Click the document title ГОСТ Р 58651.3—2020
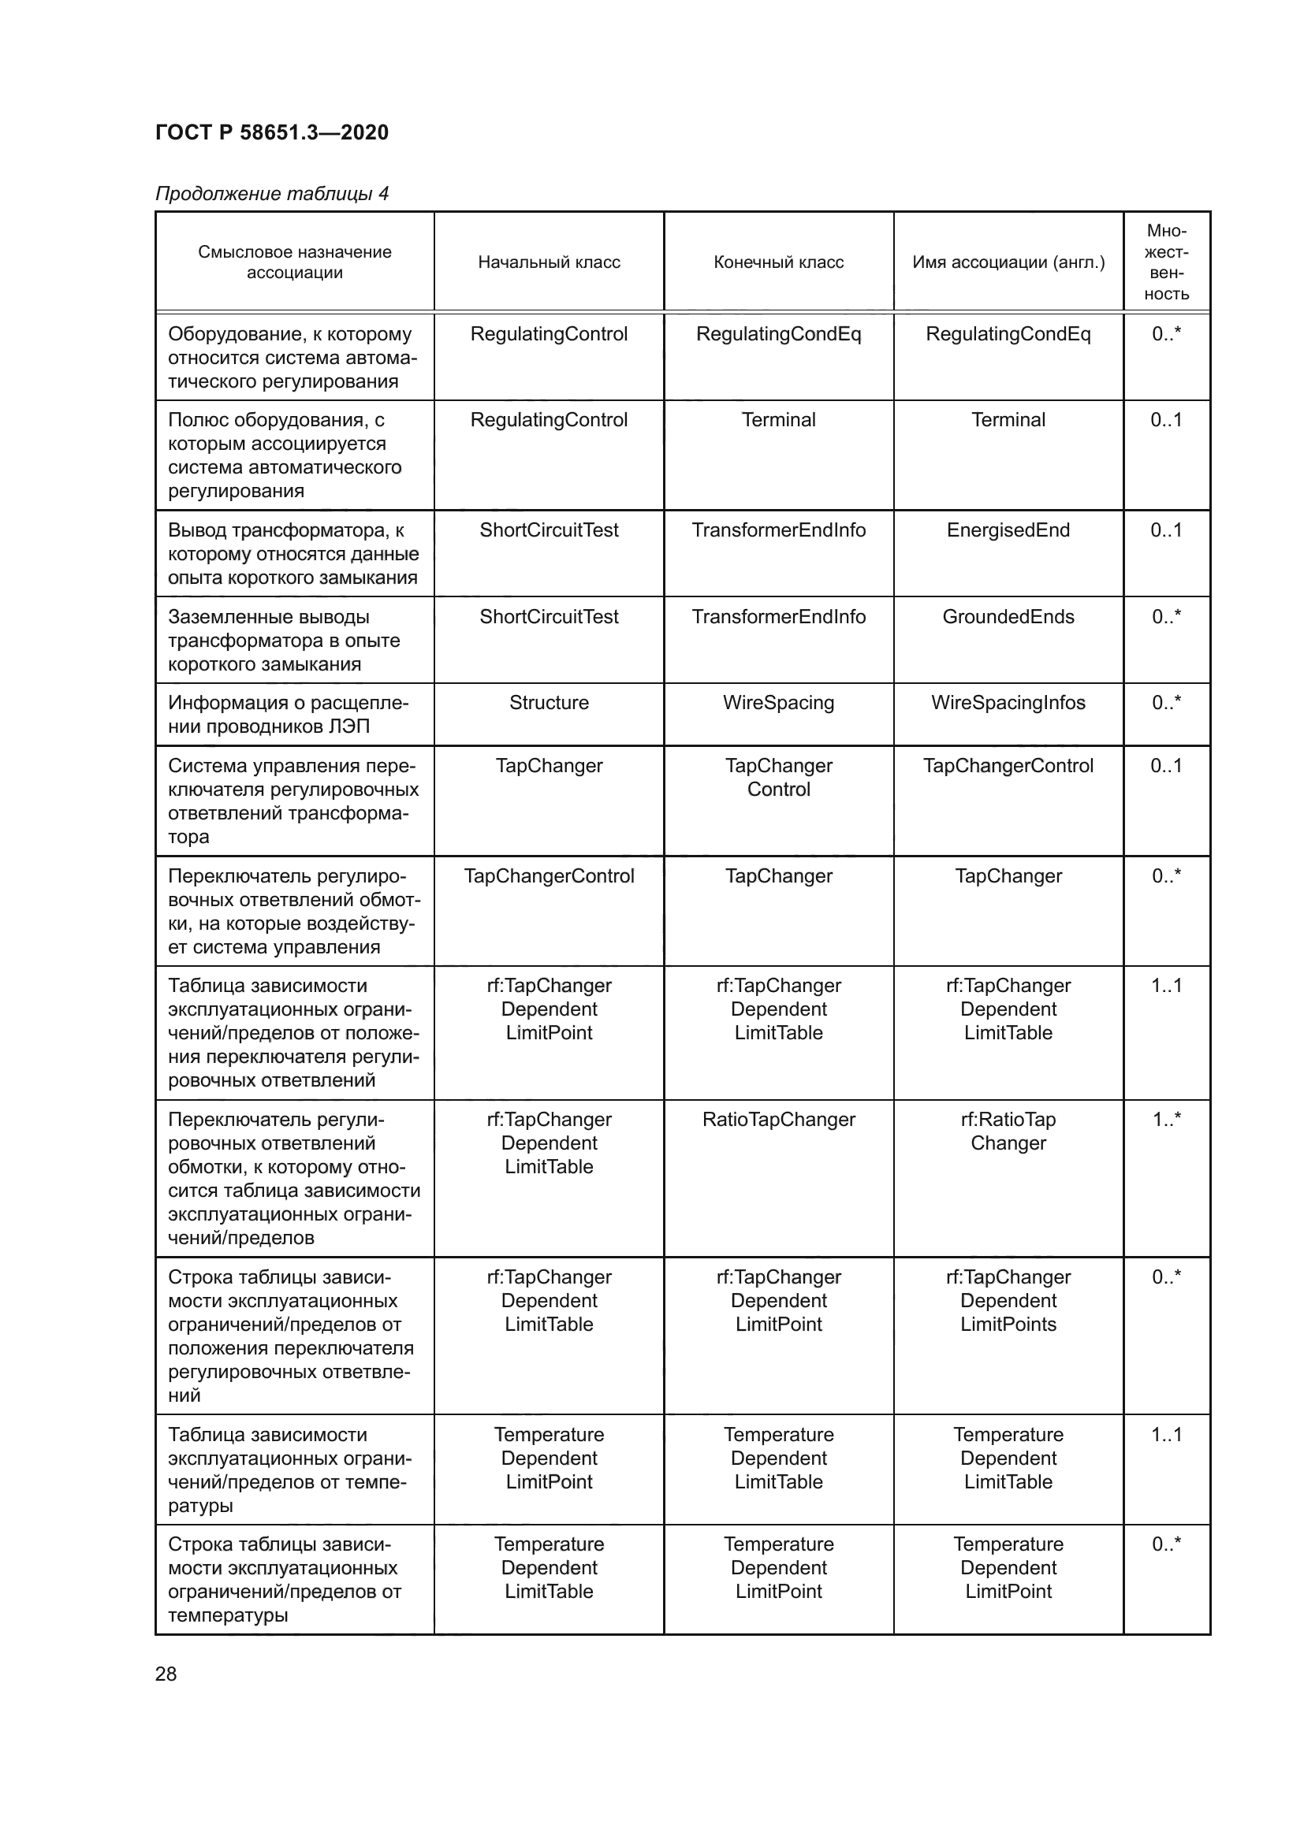(271, 132)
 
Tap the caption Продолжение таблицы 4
(271, 194)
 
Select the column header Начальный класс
(549, 262)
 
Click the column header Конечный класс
(778, 262)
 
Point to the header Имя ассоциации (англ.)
(1008, 262)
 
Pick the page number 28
(166, 1674)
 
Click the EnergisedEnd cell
(1008, 530)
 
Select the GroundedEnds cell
(1008, 617)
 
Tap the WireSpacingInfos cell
(1008, 703)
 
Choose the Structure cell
(549, 703)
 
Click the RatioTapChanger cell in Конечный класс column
(778, 1120)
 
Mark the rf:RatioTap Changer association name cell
(1008, 1131)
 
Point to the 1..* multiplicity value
(1166, 1120)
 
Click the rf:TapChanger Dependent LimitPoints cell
(1008, 1300)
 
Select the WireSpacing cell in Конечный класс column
(778, 703)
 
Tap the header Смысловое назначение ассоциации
(295, 262)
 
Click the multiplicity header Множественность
(1166, 262)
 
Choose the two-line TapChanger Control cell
(778, 777)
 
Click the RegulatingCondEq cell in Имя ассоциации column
(1008, 335)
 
